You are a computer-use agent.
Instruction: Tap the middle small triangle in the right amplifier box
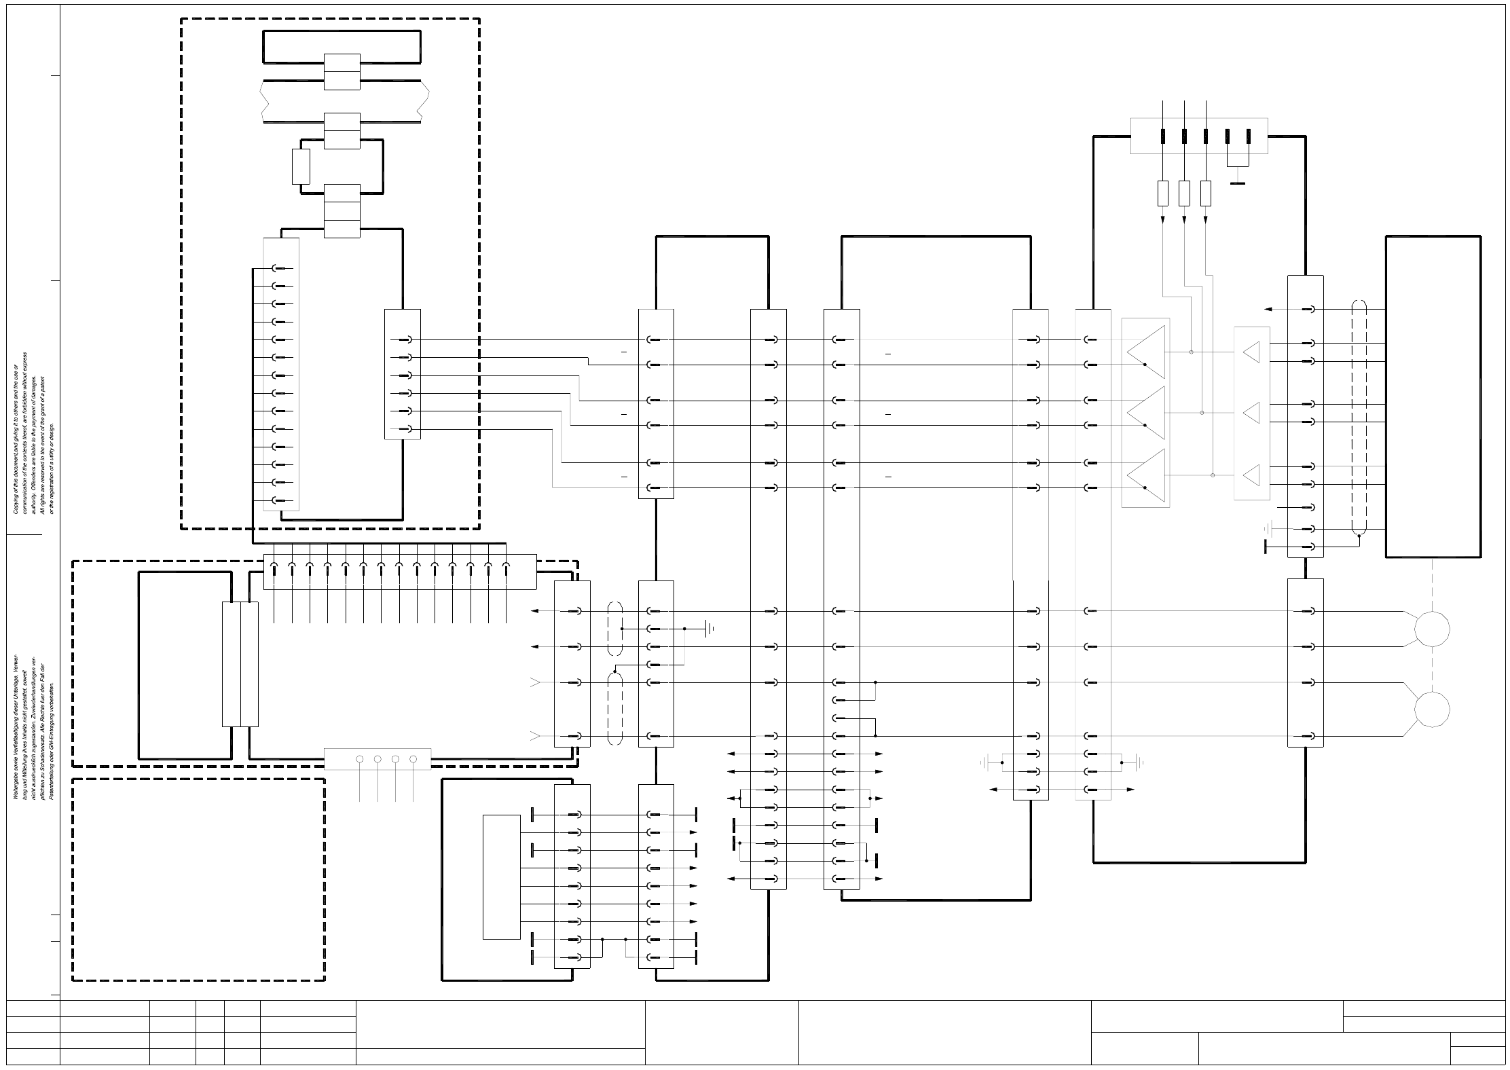click(x=1251, y=412)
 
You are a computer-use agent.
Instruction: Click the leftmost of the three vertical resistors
click(x=1162, y=193)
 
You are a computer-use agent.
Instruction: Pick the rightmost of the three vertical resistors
click(x=1206, y=193)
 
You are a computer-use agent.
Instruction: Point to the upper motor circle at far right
click(x=1431, y=628)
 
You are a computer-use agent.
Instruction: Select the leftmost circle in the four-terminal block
click(x=360, y=759)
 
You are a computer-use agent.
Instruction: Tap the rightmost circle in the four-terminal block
click(x=413, y=759)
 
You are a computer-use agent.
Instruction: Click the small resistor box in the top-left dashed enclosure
click(x=301, y=166)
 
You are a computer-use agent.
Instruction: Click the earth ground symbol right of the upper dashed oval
click(x=710, y=629)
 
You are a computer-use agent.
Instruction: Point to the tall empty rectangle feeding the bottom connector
click(x=501, y=877)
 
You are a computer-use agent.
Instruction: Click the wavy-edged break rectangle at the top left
click(x=345, y=101)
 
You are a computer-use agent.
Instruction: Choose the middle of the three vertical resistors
click(x=1184, y=193)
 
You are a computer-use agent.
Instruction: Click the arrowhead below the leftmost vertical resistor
click(x=1162, y=219)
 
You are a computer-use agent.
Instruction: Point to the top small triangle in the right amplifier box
click(x=1251, y=352)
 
